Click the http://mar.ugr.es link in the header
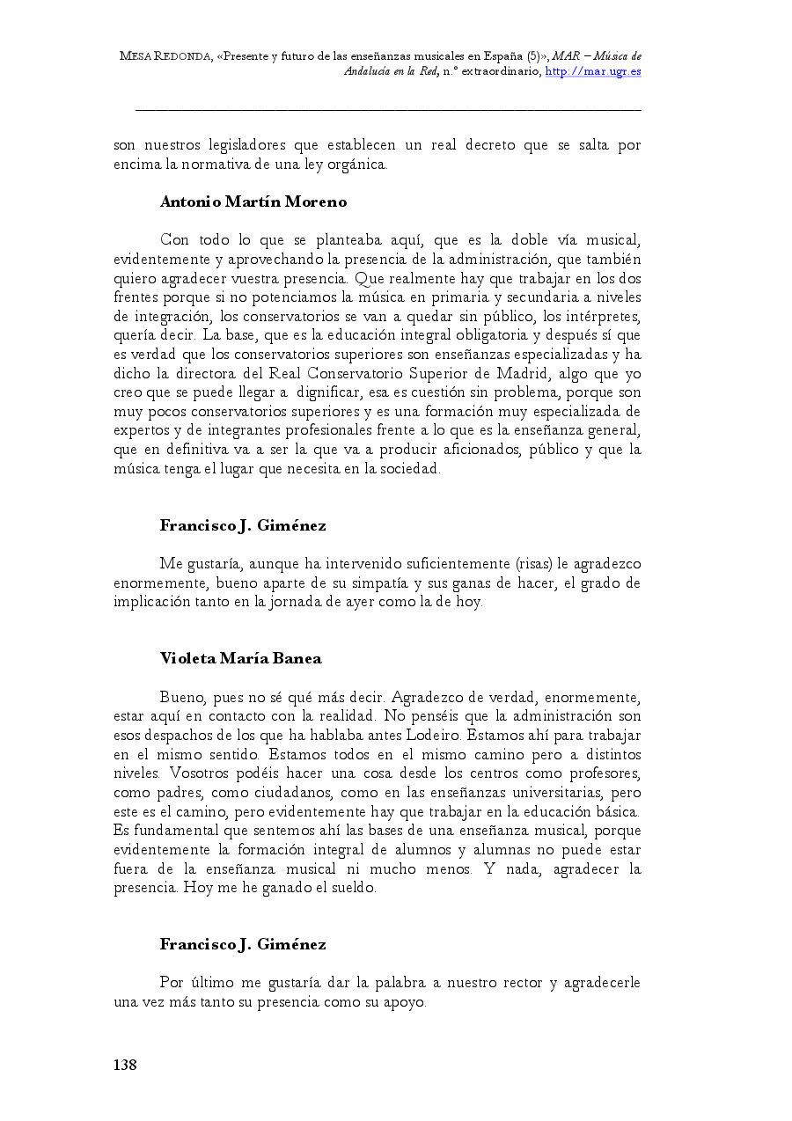[593, 71]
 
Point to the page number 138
[125, 1066]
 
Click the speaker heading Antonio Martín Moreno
[253, 201]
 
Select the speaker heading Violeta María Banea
[240, 658]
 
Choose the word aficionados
[480, 450]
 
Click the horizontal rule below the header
[388, 110]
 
